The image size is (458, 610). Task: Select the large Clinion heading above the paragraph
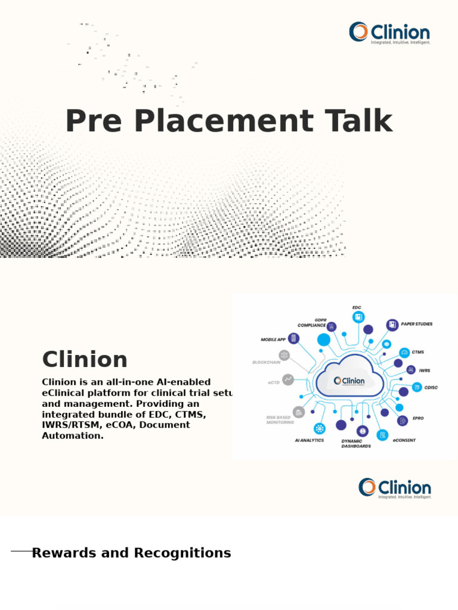(x=85, y=359)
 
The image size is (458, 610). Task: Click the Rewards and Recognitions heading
(x=131, y=553)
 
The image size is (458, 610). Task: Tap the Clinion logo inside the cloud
(x=349, y=381)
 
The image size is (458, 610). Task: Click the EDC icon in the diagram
(x=358, y=317)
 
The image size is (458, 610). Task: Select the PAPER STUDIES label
(x=417, y=324)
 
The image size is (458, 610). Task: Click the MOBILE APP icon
(x=293, y=338)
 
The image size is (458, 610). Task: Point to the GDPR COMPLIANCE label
(x=312, y=323)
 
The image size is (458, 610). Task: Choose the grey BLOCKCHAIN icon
(x=284, y=356)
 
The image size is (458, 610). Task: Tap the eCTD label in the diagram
(x=274, y=382)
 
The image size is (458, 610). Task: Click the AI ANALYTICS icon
(x=320, y=428)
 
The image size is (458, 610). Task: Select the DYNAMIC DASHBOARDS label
(x=356, y=443)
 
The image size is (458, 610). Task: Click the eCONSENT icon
(x=382, y=435)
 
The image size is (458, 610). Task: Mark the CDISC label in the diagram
(x=431, y=387)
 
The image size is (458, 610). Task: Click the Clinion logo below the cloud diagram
(x=394, y=488)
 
